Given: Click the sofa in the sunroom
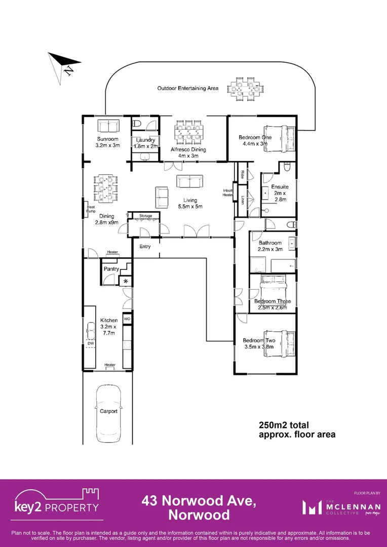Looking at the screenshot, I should pyautogui.click(x=107, y=126).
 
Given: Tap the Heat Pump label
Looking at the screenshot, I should pyautogui.click(x=91, y=209).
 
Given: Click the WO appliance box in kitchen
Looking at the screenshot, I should pyautogui.click(x=128, y=320).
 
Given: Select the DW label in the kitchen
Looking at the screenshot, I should pyautogui.click(x=91, y=343).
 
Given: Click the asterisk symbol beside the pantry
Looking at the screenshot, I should pyautogui.click(x=126, y=282).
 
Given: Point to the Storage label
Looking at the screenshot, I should pyautogui.click(x=146, y=216).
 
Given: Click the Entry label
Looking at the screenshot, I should pyautogui.click(x=145, y=247).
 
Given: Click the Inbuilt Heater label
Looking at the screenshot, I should pyautogui.click(x=228, y=192).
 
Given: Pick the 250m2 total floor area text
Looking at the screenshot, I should pyautogui.click(x=297, y=429).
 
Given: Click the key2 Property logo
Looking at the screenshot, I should pyautogui.click(x=57, y=503).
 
